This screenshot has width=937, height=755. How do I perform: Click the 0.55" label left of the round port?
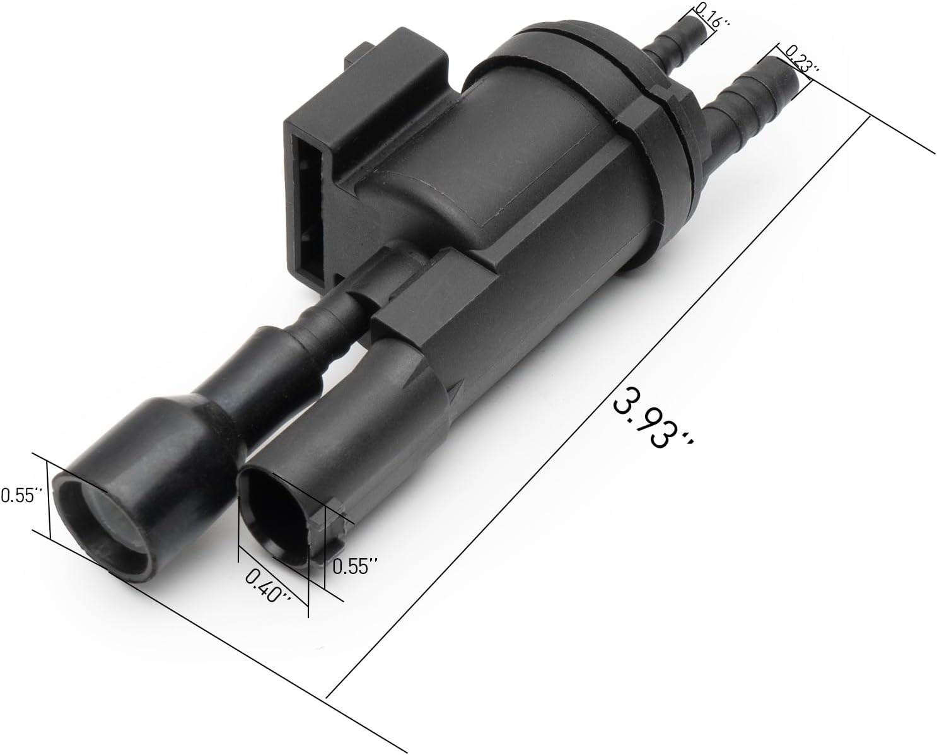(19, 495)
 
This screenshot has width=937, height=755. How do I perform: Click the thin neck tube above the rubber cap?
(328, 315)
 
